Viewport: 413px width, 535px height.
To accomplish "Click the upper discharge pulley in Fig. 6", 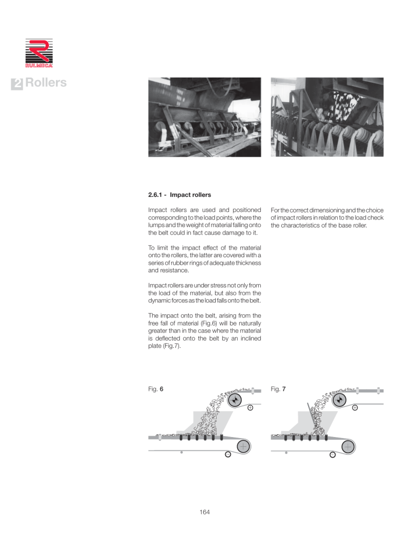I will [x=234, y=400].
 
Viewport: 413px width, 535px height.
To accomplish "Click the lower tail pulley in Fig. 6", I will [x=243, y=446].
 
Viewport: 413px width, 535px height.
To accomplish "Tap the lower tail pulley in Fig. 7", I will [x=347, y=446].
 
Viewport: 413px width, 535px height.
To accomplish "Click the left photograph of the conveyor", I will [x=204, y=117].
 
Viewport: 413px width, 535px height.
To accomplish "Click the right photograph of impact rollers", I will [x=326, y=117].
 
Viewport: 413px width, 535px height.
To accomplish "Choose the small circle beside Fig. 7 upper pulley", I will [x=355, y=408].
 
